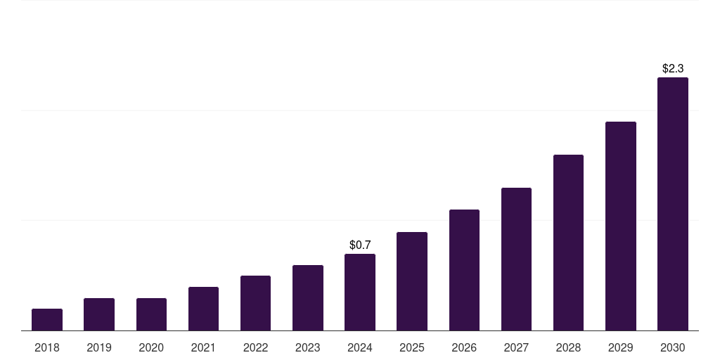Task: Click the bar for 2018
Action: click(47, 319)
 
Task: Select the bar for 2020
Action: click(151, 314)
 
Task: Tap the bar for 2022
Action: click(255, 303)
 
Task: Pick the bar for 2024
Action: click(360, 292)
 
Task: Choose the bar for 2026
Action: click(464, 270)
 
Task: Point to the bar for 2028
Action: click(568, 243)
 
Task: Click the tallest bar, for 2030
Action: click(672, 204)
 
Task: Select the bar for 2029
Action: click(620, 226)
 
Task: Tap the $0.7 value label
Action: click(360, 245)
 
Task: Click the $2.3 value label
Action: click(673, 68)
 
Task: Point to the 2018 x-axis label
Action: click(47, 347)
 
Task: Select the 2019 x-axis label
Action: click(99, 347)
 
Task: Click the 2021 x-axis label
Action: click(203, 347)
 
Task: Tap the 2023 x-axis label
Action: click(307, 347)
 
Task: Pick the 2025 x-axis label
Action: click(412, 347)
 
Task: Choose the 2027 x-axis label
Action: click(516, 347)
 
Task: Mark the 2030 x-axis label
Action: click(672, 347)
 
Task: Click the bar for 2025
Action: click(412, 281)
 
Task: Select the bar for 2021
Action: click(203, 309)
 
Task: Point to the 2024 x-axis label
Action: click(360, 347)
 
